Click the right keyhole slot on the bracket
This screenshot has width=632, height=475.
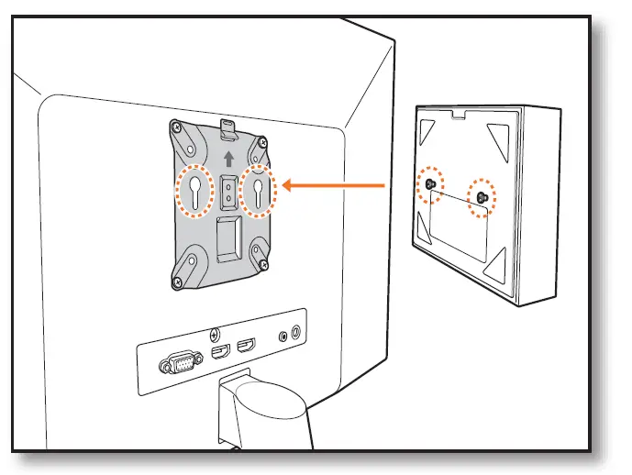click(x=258, y=191)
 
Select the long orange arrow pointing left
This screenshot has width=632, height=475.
click(x=334, y=186)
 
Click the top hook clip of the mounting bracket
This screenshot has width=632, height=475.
click(x=229, y=127)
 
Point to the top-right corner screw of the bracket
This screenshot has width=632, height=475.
click(x=262, y=145)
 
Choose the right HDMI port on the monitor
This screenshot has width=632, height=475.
click(x=247, y=347)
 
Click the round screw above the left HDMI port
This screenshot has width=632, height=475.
click(x=215, y=333)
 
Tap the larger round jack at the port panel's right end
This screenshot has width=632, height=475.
click(x=296, y=333)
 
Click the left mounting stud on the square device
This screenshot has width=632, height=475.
click(x=429, y=186)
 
